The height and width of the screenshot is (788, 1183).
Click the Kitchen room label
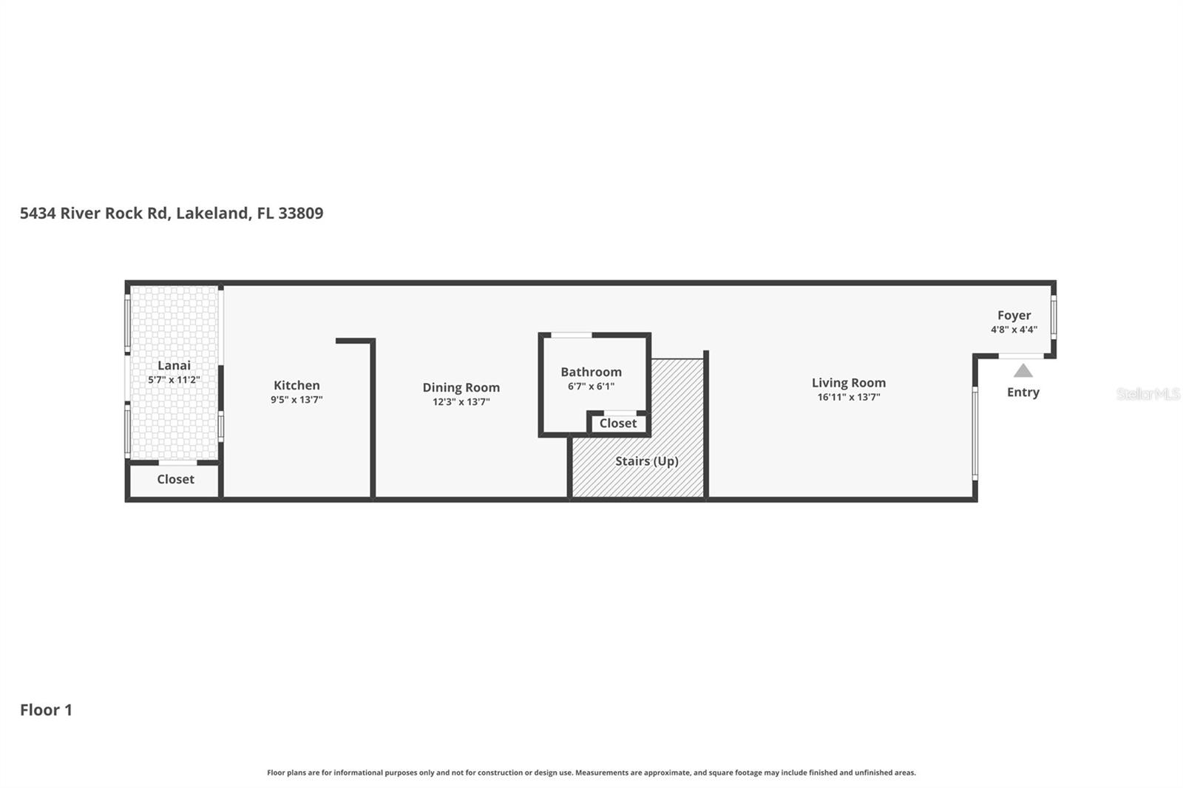coord(296,385)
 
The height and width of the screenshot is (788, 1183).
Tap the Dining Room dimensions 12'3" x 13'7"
coord(461,402)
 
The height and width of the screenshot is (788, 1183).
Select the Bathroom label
coord(591,372)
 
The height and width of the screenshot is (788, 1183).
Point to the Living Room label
coord(848,382)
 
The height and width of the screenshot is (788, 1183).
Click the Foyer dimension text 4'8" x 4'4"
coord(1014,330)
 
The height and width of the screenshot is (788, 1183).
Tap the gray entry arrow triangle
coord(1023,371)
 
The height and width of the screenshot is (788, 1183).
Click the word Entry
coord(1023,393)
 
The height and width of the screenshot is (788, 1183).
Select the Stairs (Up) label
coord(646,461)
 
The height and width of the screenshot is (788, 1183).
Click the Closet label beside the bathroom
coord(617,424)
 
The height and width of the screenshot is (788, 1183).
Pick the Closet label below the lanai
coord(175,480)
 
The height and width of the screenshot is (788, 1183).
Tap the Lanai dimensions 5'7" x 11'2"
coord(174,380)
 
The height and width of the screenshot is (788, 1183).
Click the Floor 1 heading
coord(46,710)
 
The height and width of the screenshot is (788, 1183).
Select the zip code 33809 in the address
coord(300,214)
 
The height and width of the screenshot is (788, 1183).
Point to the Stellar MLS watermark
coord(1148,394)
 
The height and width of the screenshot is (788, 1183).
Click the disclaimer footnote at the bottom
coord(591,772)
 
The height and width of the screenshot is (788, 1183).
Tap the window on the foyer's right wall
coord(1053,317)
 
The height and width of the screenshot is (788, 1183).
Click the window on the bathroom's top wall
coord(572,336)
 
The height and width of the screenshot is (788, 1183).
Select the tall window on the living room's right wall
coord(974,432)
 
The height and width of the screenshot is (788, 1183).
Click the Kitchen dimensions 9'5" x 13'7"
coord(296,400)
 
